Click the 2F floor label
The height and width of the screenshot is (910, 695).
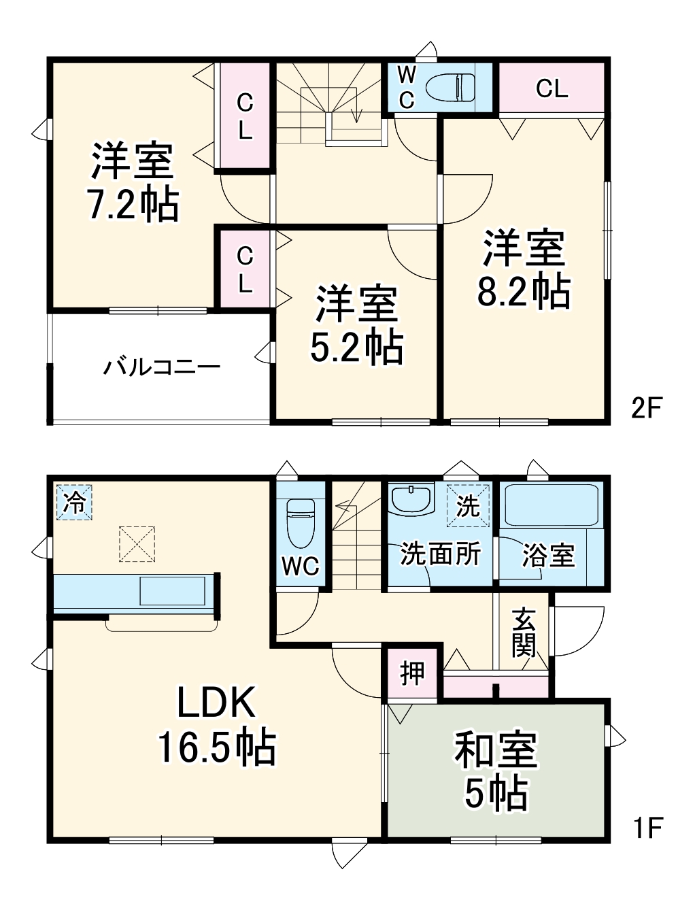coord(646,408)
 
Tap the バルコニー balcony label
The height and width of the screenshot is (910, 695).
coord(162,368)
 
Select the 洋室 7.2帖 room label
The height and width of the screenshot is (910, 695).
coord(133,182)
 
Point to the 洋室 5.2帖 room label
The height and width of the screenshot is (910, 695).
coord(356,325)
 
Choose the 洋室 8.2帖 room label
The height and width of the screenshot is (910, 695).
coord(523,270)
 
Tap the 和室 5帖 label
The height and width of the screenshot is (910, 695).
coord(496,771)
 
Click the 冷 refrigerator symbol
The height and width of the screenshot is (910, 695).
coord(73,503)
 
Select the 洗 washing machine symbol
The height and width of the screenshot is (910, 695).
coord(468,505)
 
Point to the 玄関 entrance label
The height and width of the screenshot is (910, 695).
coord(524,632)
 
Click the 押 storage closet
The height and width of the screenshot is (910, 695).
coord(412,673)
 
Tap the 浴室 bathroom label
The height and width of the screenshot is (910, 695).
coord(548,555)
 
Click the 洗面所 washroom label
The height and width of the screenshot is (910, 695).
coord(440,554)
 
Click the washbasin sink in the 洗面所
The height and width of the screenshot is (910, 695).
coord(412,499)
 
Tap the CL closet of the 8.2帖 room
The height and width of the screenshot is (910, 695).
coord(552,88)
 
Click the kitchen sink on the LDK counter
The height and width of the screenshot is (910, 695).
coord(173,590)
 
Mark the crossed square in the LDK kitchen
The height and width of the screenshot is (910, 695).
coord(137,543)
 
